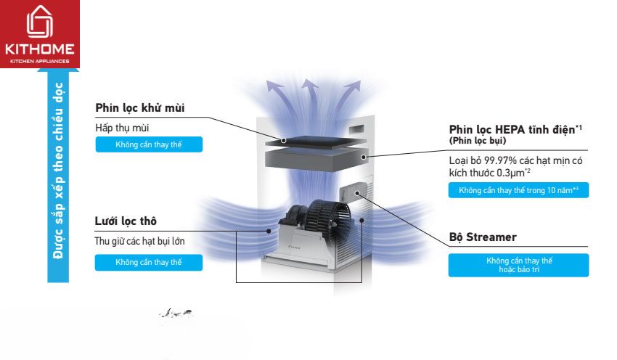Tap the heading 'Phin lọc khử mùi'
click(139, 108)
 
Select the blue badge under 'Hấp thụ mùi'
click(149, 144)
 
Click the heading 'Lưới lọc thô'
click(126, 221)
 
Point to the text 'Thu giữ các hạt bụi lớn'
click(139, 241)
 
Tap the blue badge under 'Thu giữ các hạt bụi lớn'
click(149, 263)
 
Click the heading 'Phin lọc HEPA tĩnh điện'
click(512, 129)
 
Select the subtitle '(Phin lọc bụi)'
click(478, 141)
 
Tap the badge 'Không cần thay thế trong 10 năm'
click(518, 190)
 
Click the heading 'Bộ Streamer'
click(483, 237)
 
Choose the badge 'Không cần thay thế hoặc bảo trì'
click(518, 265)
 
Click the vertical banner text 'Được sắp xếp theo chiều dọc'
click(58, 170)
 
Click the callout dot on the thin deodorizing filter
click(283, 141)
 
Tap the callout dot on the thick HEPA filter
click(364, 157)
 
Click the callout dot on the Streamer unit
click(357, 193)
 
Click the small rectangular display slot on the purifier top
click(356, 128)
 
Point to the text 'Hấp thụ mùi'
click(122, 128)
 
